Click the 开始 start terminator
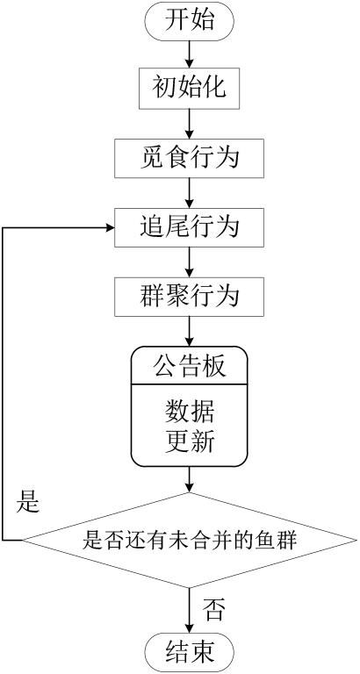pos(190,22)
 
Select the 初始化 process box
pos(190,89)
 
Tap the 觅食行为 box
pos(190,158)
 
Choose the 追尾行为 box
pos(190,227)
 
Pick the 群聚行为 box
pos(190,297)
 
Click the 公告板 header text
pos(190,367)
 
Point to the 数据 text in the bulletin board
pos(190,412)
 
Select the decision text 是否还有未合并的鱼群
pos(190,539)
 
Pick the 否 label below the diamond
pos(213,610)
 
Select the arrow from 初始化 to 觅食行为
pos(190,124)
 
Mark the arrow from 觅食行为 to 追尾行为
pos(190,193)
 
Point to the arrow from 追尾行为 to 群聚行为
pos(190,262)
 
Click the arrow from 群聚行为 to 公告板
pos(190,332)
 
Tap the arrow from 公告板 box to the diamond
pos(190,479)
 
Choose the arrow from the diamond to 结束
pos(190,612)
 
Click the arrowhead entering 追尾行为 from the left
pos(110,227)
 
